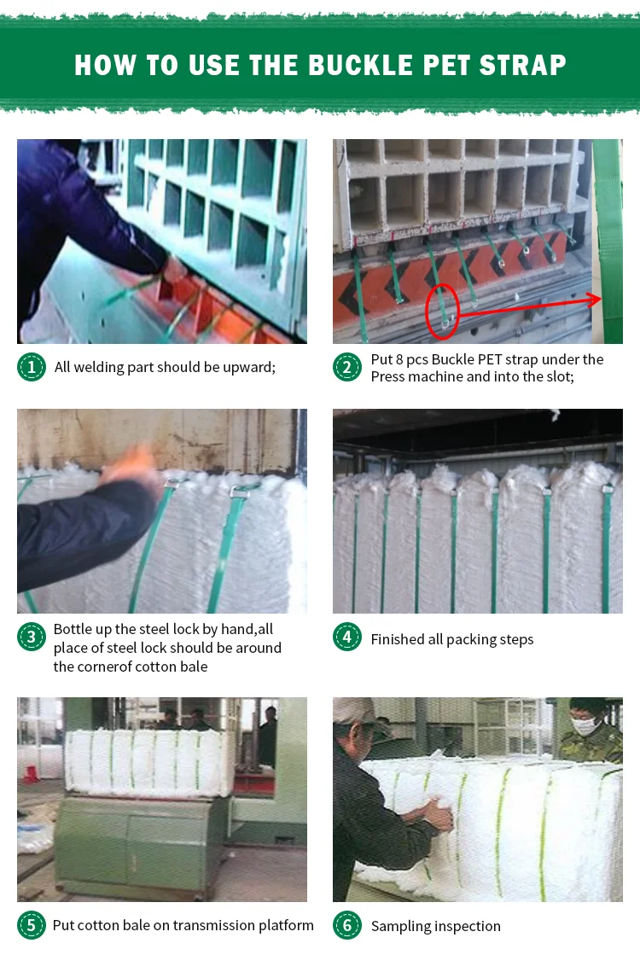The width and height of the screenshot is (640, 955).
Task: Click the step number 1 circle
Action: click(x=32, y=367)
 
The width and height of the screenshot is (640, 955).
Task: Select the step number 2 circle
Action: click(x=347, y=367)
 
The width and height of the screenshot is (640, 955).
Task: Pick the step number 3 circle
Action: click(x=32, y=637)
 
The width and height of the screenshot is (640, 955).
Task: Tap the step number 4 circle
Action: click(x=347, y=637)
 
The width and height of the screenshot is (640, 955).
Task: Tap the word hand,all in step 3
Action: click(x=247, y=629)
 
